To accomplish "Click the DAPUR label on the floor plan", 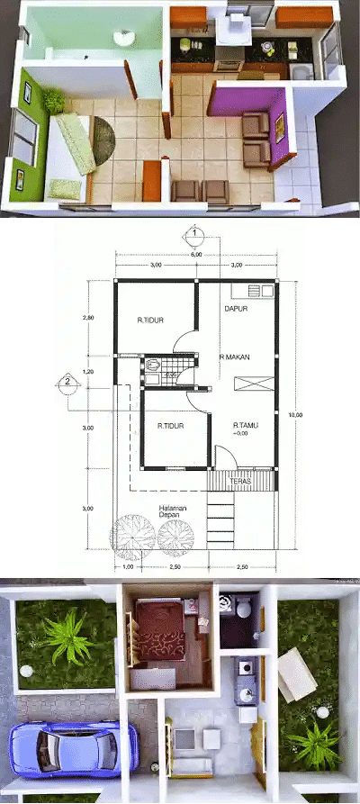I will click(x=236, y=309).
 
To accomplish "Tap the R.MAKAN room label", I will click(x=233, y=357).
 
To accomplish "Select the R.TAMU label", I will click(x=246, y=425).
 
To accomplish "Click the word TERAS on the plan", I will click(x=239, y=482).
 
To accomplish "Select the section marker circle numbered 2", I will click(x=66, y=382).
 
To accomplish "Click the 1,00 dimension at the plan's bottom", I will click(x=127, y=567).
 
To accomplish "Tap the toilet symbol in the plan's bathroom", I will click(x=155, y=365).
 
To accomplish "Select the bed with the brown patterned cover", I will click(x=161, y=635).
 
